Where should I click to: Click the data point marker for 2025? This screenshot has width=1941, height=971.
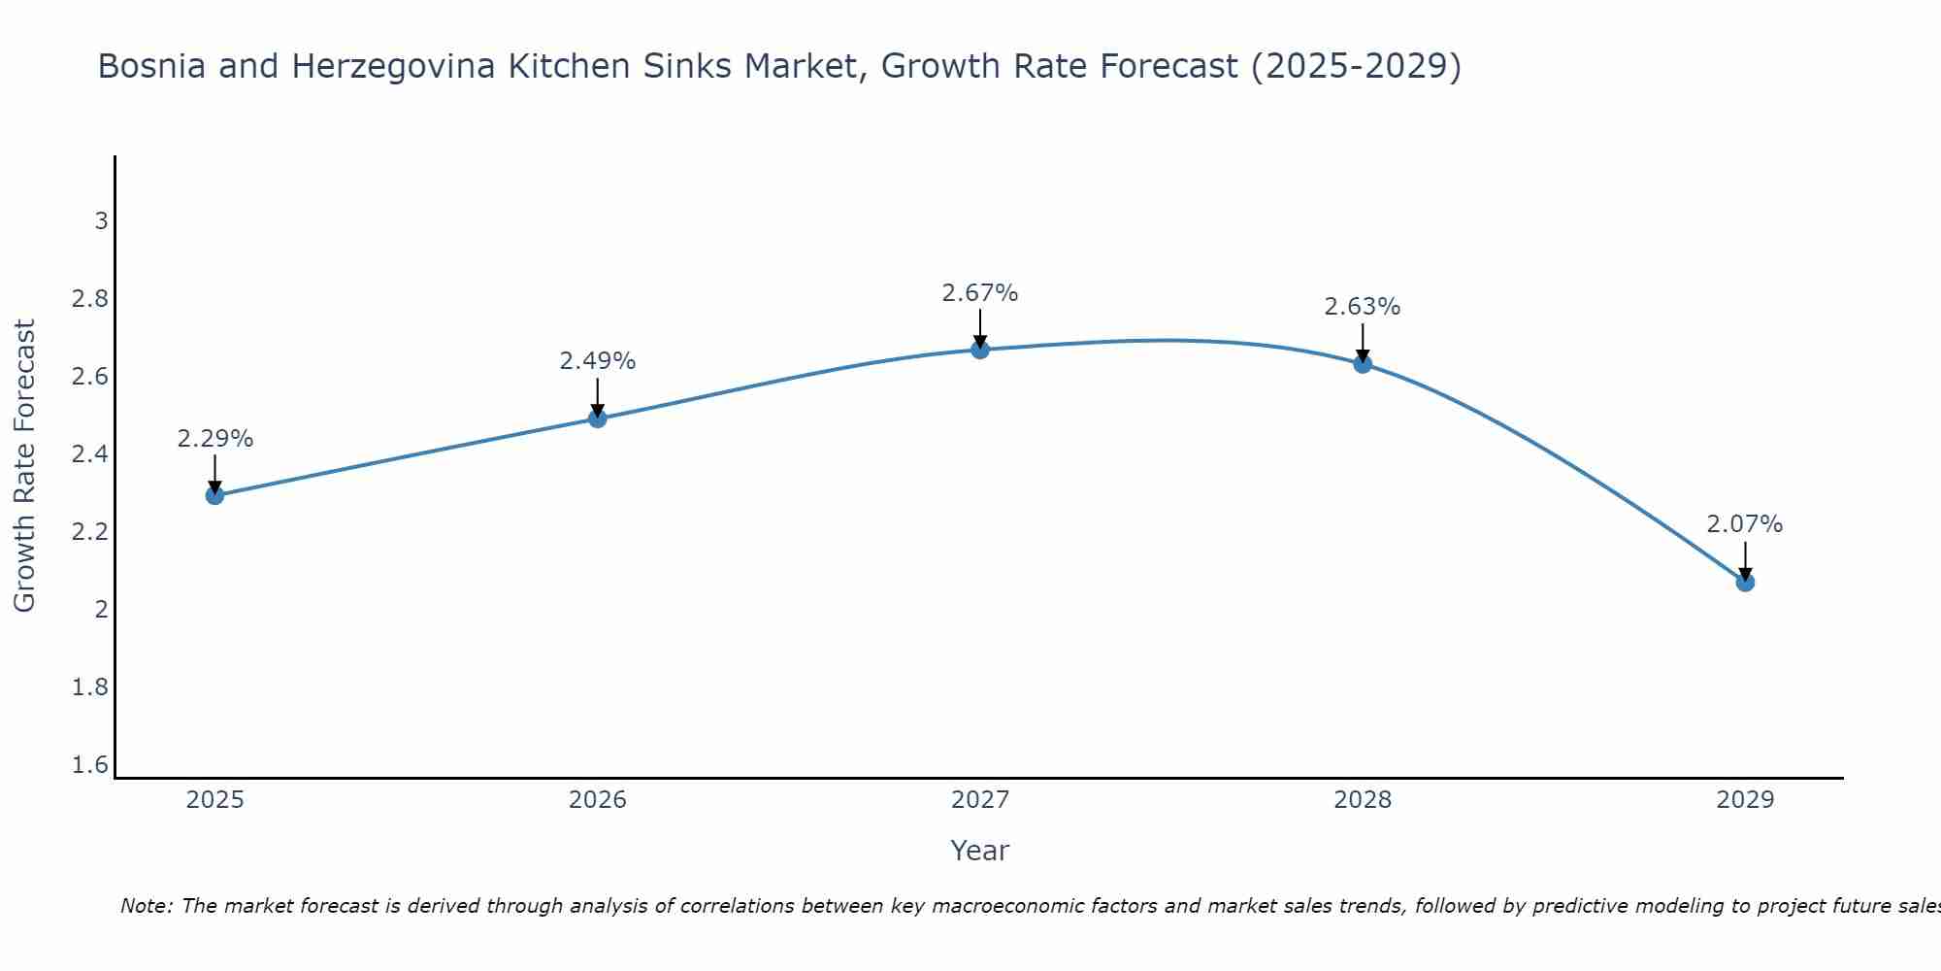point(215,495)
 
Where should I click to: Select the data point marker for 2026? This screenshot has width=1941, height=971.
point(598,419)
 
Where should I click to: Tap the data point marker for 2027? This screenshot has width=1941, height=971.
point(980,350)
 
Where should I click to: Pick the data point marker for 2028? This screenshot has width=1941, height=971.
point(1363,364)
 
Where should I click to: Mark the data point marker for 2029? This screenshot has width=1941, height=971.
point(1745,583)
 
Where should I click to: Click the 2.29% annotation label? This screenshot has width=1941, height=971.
point(215,439)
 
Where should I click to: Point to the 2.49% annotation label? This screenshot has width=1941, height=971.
point(598,361)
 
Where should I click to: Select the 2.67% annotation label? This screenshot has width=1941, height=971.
point(980,293)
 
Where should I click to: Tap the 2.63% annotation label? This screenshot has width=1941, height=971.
point(1363,307)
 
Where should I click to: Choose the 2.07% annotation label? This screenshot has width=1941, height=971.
point(1745,524)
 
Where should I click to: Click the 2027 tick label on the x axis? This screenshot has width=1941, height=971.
point(980,800)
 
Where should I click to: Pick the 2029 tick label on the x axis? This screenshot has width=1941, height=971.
point(1745,800)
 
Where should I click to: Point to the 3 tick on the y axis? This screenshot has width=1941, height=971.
point(101,221)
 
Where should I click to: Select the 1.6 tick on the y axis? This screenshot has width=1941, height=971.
point(90,765)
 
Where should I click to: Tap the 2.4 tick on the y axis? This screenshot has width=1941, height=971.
point(90,454)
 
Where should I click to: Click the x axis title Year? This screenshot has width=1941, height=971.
point(980,851)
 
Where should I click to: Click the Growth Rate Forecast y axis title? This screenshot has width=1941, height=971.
point(25,466)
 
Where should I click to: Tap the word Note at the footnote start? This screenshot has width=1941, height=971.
point(146,906)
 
